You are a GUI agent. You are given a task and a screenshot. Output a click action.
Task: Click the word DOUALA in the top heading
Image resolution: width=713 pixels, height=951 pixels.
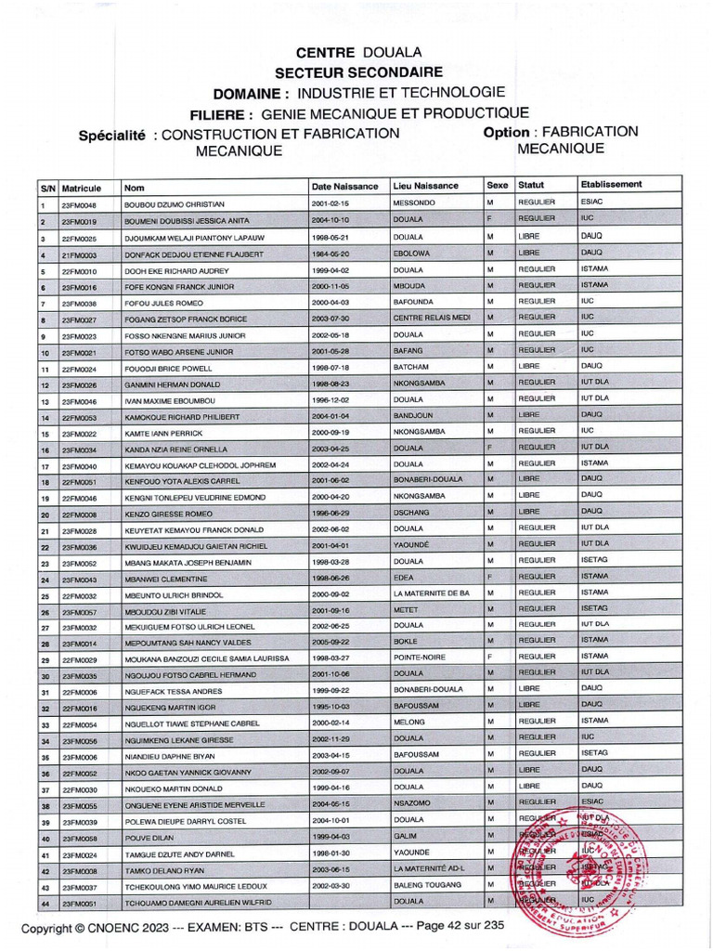click(392, 52)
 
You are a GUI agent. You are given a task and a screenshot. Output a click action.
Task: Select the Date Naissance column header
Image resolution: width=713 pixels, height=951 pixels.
click(346, 186)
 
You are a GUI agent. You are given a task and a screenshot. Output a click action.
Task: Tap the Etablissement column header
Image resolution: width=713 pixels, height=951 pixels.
click(611, 184)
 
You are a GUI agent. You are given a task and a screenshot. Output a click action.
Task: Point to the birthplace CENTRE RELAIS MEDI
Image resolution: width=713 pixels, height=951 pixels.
click(432, 317)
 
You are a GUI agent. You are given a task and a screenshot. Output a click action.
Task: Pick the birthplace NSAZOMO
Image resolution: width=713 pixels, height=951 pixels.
click(413, 803)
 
